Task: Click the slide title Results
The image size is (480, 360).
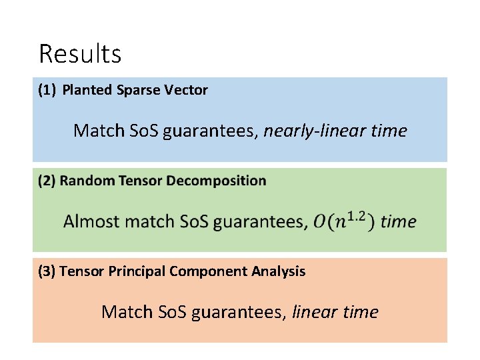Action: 80,54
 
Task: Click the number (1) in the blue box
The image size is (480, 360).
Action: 47,90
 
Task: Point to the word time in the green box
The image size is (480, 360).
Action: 399,221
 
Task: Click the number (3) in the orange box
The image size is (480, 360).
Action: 47,271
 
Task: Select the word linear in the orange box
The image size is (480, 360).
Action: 317,312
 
